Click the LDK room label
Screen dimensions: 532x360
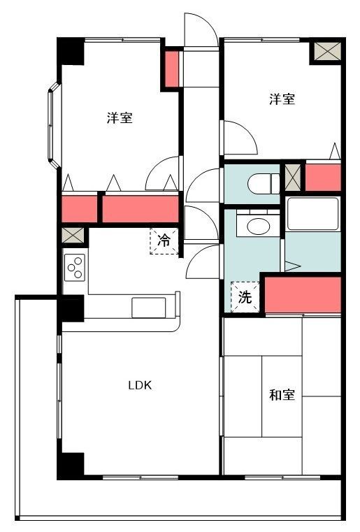coord(140,385)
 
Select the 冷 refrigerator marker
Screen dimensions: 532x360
coord(164,241)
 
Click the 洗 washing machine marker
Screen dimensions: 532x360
coord(245,296)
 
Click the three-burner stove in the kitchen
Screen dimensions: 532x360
coord(74,265)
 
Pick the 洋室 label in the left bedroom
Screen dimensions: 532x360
coord(120,118)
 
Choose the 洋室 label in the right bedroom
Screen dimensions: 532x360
coord(282,99)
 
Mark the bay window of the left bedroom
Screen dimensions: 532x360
coord(53,126)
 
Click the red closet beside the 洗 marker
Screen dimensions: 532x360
coord(302,294)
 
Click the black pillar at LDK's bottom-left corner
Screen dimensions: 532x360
coord(71,465)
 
